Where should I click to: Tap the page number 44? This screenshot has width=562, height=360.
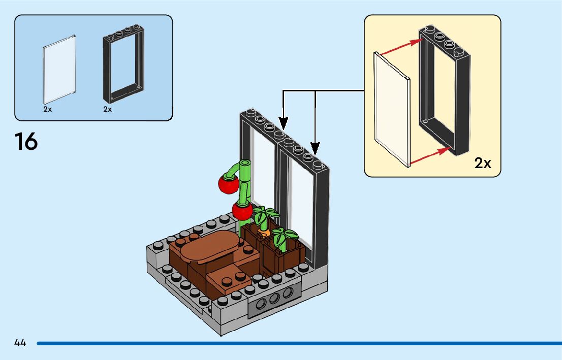pos(20,343)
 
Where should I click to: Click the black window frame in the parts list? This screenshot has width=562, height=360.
pos(123,64)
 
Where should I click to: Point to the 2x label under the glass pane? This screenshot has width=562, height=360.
pos(47,109)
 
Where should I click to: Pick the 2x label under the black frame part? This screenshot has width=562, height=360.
pos(108,109)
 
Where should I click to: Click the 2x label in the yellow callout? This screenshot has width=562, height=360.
pos(483,163)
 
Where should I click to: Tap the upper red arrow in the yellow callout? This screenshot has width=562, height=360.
pos(401,47)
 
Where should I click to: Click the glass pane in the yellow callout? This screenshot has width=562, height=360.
pos(392,109)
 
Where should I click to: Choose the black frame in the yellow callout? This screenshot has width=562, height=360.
pos(445,90)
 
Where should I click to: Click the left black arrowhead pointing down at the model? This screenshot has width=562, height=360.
pos(283,123)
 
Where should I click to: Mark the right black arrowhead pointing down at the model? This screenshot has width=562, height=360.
pos(315,148)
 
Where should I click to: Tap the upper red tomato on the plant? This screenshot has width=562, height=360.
pos(228,183)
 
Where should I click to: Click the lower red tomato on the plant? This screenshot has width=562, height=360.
pos(242,210)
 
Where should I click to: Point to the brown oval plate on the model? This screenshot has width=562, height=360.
pos(210,247)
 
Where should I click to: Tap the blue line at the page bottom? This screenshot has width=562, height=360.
pos(299,344)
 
